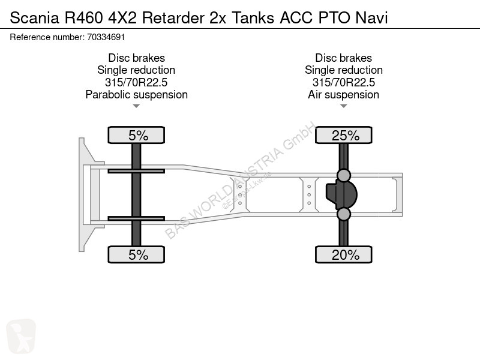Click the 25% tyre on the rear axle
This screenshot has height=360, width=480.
(x=343, y=135)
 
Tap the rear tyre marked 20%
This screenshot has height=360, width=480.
(x=343, y=254)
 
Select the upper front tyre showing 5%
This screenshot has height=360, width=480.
(x=136, y=135)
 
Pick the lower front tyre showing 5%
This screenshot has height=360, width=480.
(x=136, y=254)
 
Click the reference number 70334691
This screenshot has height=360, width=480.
(x=106, y=37)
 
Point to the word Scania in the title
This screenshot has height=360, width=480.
(x=34, y=18)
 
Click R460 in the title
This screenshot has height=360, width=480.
(x=83, y=18)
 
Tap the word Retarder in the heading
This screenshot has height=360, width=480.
(x=173, y=18)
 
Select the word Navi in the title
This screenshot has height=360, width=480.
(x=371, y=18)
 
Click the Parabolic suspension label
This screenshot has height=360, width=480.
(x=137, y=95)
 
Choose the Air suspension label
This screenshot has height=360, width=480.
(x=343, y=95)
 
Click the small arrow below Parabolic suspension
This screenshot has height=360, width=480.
(x=136, y=106)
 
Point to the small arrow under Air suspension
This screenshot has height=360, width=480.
(x=343, y=106)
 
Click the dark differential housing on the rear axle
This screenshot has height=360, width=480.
(x=342, y=194)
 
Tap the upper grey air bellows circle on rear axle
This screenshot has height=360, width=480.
(x=343, y=176)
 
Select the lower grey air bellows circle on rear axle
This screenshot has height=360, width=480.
(x=343, y=214)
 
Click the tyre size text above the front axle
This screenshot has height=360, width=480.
(x=136, y=82)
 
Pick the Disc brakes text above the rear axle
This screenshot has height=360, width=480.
(x=343, y=58)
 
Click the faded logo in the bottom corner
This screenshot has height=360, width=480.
(x=21, y=336)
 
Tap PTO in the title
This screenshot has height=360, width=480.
(x=334, y=18)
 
